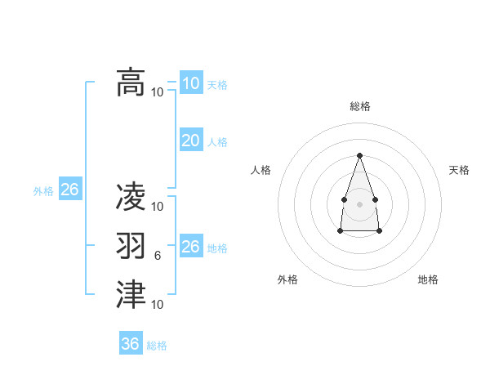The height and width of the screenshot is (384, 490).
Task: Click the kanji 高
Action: pyautogui.click(x=131, y=83)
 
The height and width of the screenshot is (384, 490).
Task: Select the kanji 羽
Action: pyautogui.click(x=131, y=246)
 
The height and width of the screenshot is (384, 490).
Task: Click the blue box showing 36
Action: pyautogui.click(x=131, y=344)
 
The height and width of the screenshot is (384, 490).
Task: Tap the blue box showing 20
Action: pyautogui.click(x=191, y=141)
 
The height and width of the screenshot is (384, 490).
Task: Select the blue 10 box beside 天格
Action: pyautogui.click(x=191, y=83)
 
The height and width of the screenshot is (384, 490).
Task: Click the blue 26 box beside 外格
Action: pyautogui.click(x=69, y=190)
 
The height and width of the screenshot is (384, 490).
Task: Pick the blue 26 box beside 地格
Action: pyautogui.click(x=191, y=247)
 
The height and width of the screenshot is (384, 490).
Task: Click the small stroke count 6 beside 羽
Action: pyautogui.click(x=158, y=256)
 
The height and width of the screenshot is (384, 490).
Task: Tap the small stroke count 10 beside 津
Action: pyautogui.click(x=158, y=305)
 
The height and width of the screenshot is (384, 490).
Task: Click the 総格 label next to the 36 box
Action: pyautogui.click(x=157, y=346)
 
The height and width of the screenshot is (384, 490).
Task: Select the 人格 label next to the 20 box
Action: pyautogui.click(x=217, y=142)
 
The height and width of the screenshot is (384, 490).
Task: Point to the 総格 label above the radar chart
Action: pyautogui.click(x=359, y=106)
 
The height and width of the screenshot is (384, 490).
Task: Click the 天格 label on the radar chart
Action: pyautogui.click(x=459, y=170)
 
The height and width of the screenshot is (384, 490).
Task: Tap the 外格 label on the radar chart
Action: pyautogui.click(x=287, y=279)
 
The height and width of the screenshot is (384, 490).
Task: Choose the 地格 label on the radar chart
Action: pyautogui.click(x=428, y=279)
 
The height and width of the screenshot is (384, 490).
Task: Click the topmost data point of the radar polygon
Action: pyautogui.click(x=359, y=155)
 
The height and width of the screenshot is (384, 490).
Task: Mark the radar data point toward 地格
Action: pyautogui.click(x=380, y=231)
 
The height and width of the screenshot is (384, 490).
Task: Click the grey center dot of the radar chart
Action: pyautogui.click(x=359, y=203)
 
